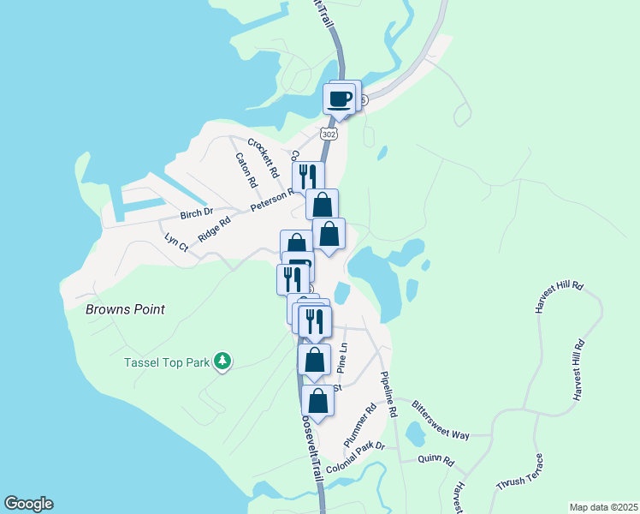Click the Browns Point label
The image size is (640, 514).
[x=125, y=309]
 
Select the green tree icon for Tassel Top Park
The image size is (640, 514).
[x=222, y=362]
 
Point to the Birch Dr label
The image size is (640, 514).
[x=195, y=213]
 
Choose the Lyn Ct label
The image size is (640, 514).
[x=176, y=242]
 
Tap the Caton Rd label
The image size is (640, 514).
[x=246, y=170]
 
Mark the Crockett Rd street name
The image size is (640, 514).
[x=264, y=157]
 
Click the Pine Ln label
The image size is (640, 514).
[x=344, y=358]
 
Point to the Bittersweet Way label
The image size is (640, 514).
[x=441, y=420]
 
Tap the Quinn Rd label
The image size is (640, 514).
[x=436, y=459]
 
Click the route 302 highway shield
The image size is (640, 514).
[x=329, y=134]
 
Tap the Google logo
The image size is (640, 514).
[x=28, y=504]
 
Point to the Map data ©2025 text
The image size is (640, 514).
[x=602, y=507]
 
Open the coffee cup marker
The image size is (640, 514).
[x=340, y=98]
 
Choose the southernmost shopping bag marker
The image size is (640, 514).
[x=317, y=401]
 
